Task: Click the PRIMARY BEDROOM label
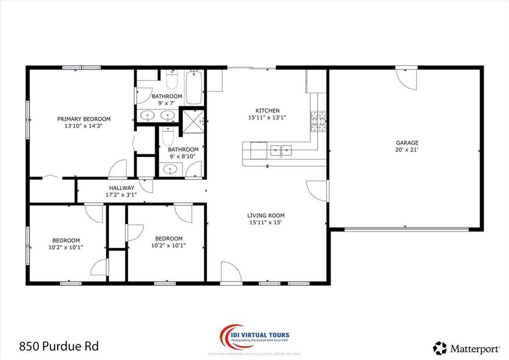coord(84,119)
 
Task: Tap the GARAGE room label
coord(407,143)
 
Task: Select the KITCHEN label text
coord(267,110)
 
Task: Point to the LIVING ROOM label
coord(266,215)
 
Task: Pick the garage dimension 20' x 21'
coord(407,150)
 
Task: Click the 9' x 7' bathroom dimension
coord(167,103)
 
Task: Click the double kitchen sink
coord(281,149)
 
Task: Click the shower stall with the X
coord(191,119)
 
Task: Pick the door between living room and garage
coord(318,190)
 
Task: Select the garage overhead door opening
coord(407,229)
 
